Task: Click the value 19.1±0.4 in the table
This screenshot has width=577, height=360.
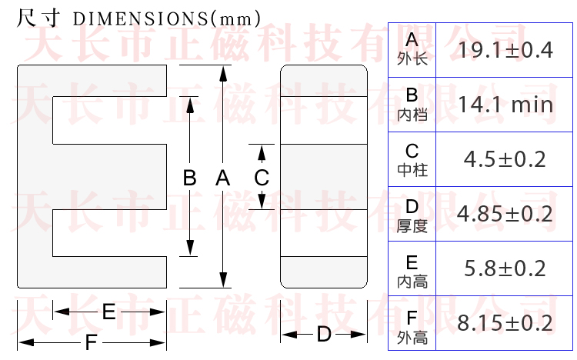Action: tap(505, 51)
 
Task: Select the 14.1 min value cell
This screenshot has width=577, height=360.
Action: tap(505, 105)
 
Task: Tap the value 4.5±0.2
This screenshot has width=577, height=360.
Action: tap(505, 159)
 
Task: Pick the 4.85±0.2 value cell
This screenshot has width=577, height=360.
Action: tap(505, 214)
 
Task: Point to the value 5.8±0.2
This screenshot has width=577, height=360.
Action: tap(505, 268)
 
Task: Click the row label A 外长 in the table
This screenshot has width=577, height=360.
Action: tap(412, 49)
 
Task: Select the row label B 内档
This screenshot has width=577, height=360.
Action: tap(412, 105)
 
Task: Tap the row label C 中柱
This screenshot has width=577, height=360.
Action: tap(412, 159)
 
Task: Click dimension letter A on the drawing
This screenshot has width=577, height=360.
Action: tap(223, 178)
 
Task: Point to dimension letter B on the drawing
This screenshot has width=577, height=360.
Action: tap(190, 178)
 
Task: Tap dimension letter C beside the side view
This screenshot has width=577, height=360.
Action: tap(262, 178)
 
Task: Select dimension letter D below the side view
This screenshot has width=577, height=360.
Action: tap(324, 335)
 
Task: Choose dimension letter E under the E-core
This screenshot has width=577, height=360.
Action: tap(108, 312)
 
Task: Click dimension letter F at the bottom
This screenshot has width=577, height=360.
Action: tap(92, 342)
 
